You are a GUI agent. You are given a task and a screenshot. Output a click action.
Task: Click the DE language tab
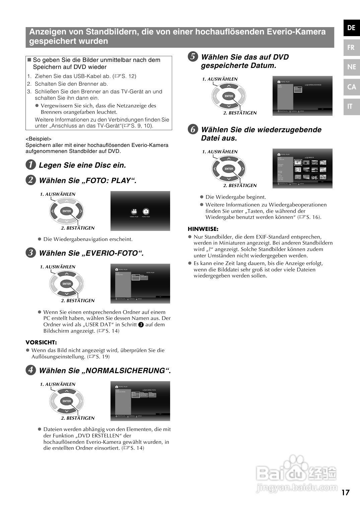351,28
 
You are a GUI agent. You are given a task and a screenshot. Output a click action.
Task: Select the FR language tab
351,48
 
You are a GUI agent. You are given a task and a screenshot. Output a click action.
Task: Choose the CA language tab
351,87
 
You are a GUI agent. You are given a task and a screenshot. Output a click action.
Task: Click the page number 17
346,493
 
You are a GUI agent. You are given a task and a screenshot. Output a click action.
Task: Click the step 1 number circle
30,165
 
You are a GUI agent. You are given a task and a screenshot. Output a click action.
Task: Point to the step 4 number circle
30,370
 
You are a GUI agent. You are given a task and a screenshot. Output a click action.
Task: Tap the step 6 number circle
193,129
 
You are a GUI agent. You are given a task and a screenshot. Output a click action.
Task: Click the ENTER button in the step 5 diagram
229,96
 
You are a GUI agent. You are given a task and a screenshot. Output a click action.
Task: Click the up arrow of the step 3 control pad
67,274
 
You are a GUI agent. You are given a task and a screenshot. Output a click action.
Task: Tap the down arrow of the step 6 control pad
229,178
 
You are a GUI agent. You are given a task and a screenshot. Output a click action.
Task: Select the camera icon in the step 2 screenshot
146,211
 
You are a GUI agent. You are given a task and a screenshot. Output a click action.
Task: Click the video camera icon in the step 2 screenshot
134,211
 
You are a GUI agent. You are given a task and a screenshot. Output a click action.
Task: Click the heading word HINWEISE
203,229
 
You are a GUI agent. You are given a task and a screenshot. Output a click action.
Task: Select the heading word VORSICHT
41,342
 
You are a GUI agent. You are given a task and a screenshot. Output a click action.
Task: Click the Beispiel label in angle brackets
39,139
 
